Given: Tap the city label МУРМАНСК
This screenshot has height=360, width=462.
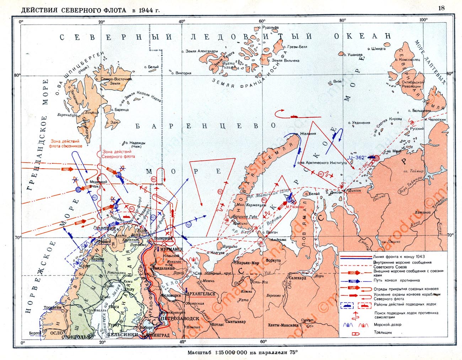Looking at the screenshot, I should [171, 249].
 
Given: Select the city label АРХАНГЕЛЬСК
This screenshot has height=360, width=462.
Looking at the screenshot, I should [201, 294].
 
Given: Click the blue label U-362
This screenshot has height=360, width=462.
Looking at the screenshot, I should [357, 157].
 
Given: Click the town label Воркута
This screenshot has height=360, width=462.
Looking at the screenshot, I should [273, 260].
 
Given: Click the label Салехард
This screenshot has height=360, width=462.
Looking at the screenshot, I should [298, 278].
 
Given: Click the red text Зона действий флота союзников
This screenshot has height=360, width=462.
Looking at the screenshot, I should [67, 143].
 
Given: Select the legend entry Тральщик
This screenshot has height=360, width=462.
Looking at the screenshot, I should [381, 333].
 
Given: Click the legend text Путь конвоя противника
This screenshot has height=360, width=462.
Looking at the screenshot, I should [391, 280].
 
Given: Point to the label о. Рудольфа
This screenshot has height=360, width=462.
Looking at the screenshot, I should [270, 27].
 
